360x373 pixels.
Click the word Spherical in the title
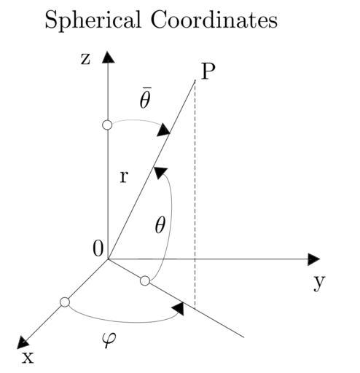[x=93, y=20]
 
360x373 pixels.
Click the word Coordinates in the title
[x=214, y=20]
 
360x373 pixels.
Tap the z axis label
[x=85, y=59]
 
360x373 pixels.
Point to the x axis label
[x=28, y=358]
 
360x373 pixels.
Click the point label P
[x=208, y=71]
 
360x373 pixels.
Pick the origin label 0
[x=98, y=249]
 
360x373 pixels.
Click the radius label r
[x=124, y=177]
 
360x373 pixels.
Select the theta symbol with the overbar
[x=145, y=98]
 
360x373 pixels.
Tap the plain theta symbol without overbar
[x=160, y=225]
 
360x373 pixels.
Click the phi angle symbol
[x=109, y=339]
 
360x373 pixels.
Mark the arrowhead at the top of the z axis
[x=108, y=57]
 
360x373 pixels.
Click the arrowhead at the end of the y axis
[x=313, y=259]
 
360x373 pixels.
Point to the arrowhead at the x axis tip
[x=23, y=343]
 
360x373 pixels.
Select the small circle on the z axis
[x=107, y=125]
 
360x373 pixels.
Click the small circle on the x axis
[x=65, y=302]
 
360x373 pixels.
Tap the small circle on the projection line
[x=145, y=281]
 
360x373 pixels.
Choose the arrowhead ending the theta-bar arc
[x=163, y=130]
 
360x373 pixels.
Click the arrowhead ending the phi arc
[x=178, y=309]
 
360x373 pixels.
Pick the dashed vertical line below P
[x=195, y=195]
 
